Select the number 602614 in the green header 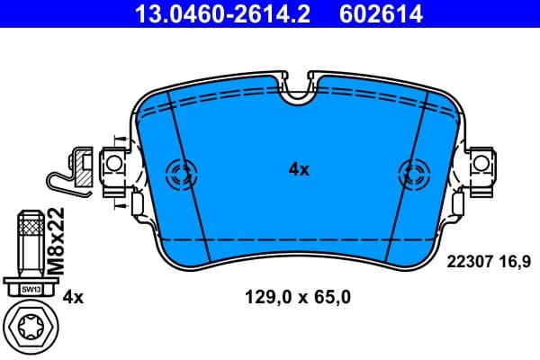(x=380, y=13)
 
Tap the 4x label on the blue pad (x=299, y=169)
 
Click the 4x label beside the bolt (x=74, y=296)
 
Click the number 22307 (x=471, y=261)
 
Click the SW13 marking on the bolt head (x=31, y=289)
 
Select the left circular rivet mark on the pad (x=183, y=170)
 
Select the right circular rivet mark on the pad (x=413, y=170)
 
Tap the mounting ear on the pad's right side (x=481, y=164)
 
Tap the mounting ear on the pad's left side (x=114, y=164)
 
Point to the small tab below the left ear (x=137, y=205)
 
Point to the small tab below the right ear (x=460, y=205)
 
